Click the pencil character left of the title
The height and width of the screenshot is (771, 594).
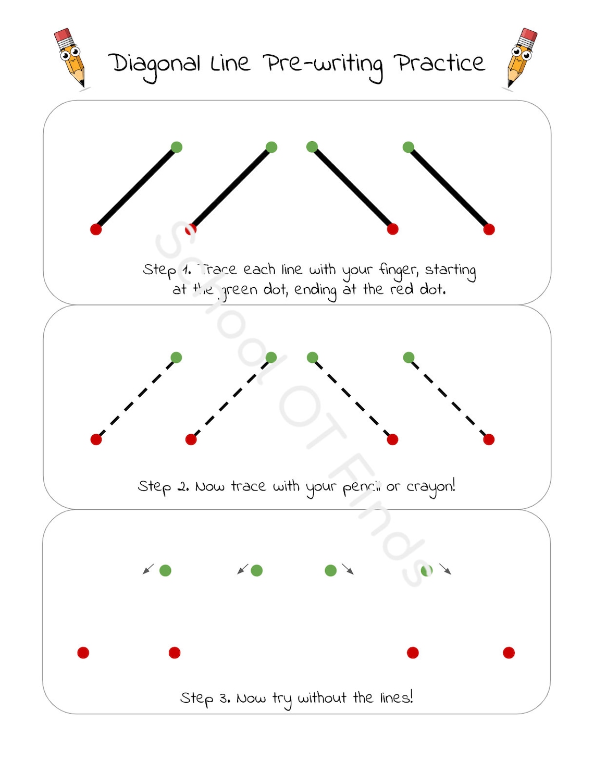coord(70,57)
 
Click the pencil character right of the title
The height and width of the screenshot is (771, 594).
coord(522,57)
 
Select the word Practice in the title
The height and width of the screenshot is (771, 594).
coord(440,63)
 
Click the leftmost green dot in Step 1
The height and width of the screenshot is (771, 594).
coord(177,147)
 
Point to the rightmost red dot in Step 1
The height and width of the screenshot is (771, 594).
coord(489,229)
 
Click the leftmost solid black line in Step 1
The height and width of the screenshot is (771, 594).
coord(136,188)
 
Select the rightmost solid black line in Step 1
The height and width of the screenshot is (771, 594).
coord(449,188)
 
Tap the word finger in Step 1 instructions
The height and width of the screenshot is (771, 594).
coord(398,270)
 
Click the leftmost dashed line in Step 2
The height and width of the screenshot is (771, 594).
coord(136,399)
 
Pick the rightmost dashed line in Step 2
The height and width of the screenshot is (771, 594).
coord(449,399)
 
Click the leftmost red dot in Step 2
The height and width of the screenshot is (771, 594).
coord(96,439)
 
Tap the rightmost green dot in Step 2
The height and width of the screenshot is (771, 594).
coord(409,357)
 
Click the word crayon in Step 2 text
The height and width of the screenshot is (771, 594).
coord(430,487)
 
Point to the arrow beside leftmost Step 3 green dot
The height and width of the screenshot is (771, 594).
coord(148,569)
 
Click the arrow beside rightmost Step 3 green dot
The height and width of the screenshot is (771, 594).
coord(445,569)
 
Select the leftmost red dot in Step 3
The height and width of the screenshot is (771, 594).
coord(83,653)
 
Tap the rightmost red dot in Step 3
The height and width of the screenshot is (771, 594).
coord(509,653)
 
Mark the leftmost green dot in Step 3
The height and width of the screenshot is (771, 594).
coord(165,570)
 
